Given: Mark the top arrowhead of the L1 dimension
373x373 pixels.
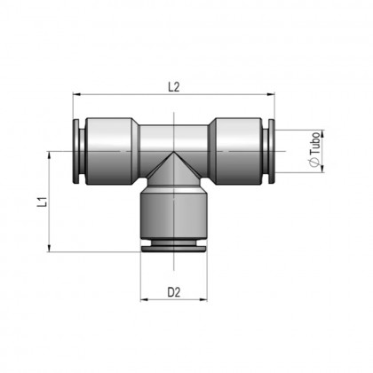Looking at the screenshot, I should click(x=50, y=153).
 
